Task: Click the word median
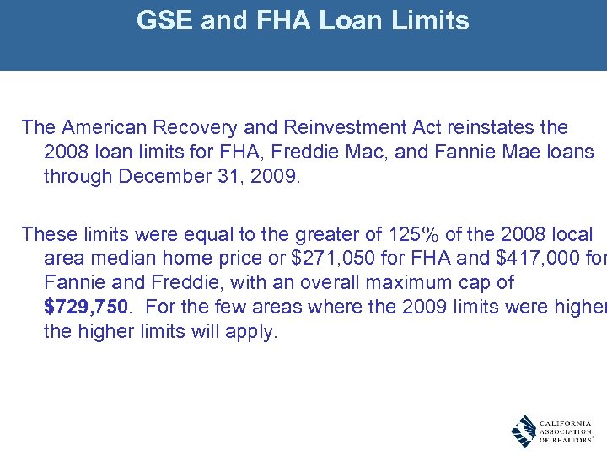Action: tap(118, 259)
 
